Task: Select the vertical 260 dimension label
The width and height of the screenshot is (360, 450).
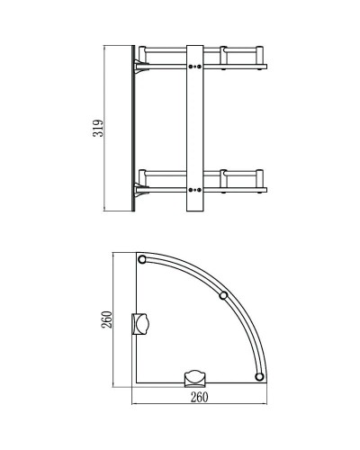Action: click(105, 320)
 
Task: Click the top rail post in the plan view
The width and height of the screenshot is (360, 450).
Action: click(142, 260)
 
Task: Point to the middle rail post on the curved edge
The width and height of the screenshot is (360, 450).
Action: click(224, 296)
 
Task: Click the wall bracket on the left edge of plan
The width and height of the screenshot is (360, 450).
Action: click(141, 322)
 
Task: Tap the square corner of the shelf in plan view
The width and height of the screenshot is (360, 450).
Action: click(135, 382)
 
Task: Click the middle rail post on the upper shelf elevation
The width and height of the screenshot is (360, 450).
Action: click(222, 54)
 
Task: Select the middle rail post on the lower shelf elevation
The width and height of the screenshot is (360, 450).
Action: click(222, 177)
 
